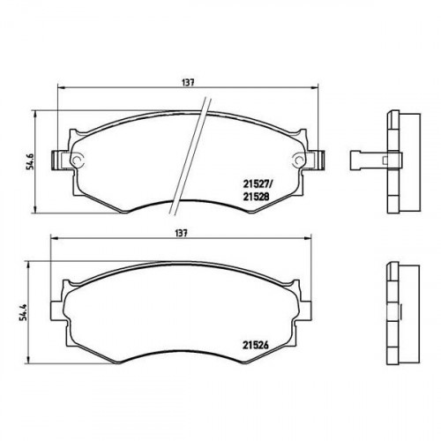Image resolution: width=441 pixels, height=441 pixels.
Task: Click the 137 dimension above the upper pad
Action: (188, 83)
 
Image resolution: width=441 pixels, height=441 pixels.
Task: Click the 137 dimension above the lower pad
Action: (181, 233)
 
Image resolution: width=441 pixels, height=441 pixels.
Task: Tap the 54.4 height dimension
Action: (24, 311)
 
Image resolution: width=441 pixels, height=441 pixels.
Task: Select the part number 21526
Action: (256, 345)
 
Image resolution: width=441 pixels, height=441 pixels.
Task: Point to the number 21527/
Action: (258, 184)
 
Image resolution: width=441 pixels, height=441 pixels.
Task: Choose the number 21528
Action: (256, 197)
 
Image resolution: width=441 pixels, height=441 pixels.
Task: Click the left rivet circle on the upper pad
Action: (77, 160)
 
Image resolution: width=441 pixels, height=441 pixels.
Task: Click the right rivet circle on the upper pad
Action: (298, 161)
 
